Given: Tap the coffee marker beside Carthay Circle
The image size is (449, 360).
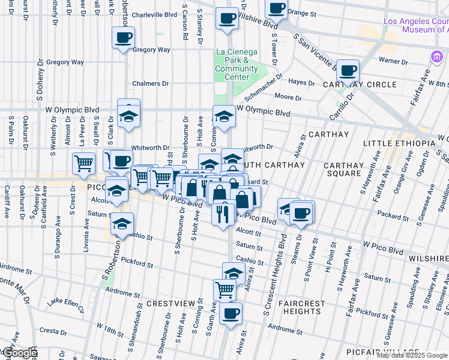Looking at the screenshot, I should (x=348, y=71).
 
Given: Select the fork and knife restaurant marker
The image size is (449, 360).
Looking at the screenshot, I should (x=223, y=214).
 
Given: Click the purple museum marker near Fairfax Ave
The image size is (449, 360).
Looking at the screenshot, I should (x=435, y=56).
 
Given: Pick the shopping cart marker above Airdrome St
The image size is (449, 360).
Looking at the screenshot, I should (x=224, y=290).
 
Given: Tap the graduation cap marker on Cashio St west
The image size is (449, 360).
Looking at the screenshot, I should (x=122, y=225).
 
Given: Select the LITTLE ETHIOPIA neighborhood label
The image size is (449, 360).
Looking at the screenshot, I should (x=399, y=143).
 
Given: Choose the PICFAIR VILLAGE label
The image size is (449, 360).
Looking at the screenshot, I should (x=384, y=352).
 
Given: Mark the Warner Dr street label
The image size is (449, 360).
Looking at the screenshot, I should (x=394, y=60).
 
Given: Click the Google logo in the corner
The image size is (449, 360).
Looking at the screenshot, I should (x=19, y=353).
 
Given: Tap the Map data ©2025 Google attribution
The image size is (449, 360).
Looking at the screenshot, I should (x=411, y=355).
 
